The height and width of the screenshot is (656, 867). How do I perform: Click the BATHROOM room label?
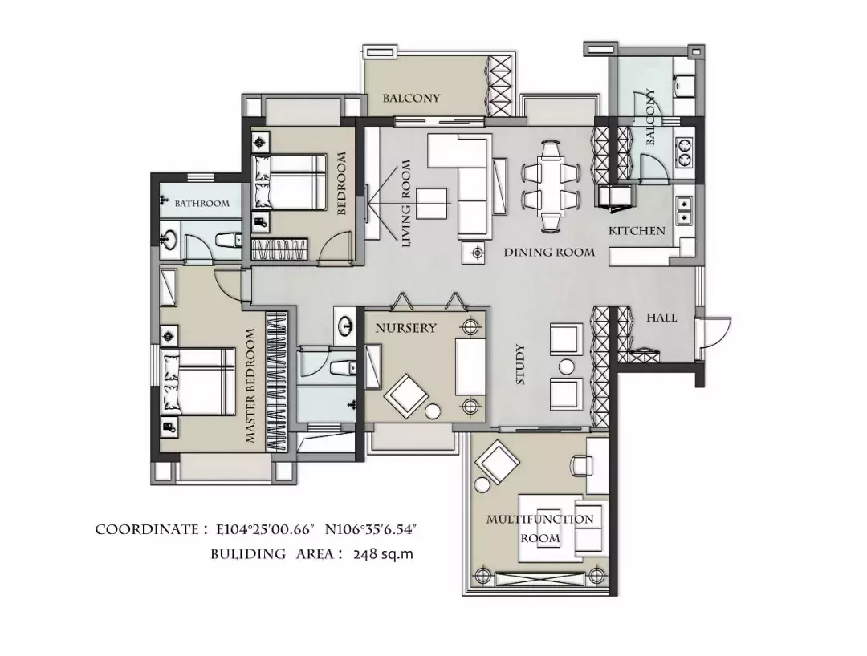pos(201,203)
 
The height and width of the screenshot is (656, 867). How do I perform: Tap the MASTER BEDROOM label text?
pos(250,386)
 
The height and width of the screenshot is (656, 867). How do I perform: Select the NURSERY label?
pos(406,328)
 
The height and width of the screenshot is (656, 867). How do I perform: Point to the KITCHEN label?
pos(637,230)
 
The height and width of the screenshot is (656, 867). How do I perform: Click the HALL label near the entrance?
pos(661,318)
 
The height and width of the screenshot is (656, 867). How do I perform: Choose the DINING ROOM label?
pos(549,253)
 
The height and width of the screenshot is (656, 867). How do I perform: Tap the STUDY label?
pos(519,364)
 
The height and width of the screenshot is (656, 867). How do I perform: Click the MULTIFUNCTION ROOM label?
pos(540,528)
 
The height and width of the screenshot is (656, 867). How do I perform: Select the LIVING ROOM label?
pos(406,203)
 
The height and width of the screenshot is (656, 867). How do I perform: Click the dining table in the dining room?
pos(551,185)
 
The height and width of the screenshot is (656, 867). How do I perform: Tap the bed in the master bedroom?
pos(198,382)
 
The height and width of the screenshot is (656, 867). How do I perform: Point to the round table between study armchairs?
pos(566,366)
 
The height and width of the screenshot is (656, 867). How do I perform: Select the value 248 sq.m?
pos(383,554)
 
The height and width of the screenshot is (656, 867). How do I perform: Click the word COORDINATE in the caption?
pos(147,529)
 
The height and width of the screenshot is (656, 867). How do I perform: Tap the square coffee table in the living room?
pos(431,204)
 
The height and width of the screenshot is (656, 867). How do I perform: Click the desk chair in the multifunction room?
pos(581,464)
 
